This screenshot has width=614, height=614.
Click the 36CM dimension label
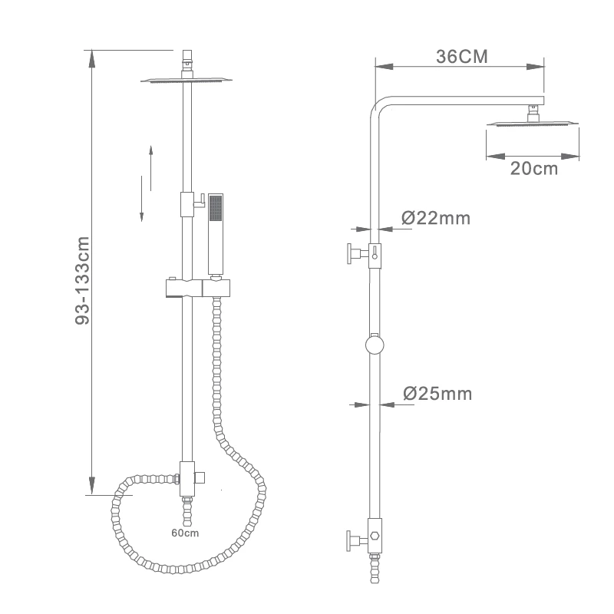pos(462,57)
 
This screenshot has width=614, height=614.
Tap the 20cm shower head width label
pos(533,169)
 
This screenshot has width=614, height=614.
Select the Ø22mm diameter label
pos(436,218)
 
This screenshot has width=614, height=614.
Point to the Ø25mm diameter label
pos(437,394)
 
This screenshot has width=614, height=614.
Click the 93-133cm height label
pos(82,280)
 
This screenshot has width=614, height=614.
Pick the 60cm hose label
pos(185,533)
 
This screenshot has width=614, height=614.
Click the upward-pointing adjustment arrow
pos(150,168)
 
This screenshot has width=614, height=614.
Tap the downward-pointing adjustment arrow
pos(141,199)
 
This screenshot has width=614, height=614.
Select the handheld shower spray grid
pos(216,207)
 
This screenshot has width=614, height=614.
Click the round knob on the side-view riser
pos(375,345)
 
